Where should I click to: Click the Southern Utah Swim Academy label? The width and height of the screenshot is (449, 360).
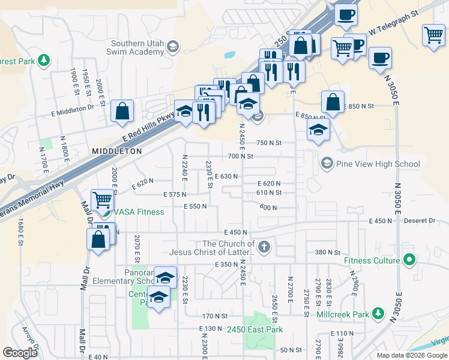click(x=137, y=47)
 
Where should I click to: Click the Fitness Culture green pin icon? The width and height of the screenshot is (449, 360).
click(x=409, y=260)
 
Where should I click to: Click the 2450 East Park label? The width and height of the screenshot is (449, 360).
click(x=255, y=329)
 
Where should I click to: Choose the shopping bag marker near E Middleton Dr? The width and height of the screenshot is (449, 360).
click(x=122, y=111)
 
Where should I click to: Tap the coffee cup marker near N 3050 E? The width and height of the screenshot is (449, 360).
click(x=379, y=58)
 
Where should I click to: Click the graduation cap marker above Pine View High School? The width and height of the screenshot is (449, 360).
click(x=318, y=130)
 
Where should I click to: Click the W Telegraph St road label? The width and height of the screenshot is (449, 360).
click(x=393, y=23)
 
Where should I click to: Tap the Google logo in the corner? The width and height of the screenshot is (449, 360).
click(x=20, y=353)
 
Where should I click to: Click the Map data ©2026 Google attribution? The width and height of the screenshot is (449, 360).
click(x=412, y=355)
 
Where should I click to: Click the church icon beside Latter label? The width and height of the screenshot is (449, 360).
click(x=263, y=247)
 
